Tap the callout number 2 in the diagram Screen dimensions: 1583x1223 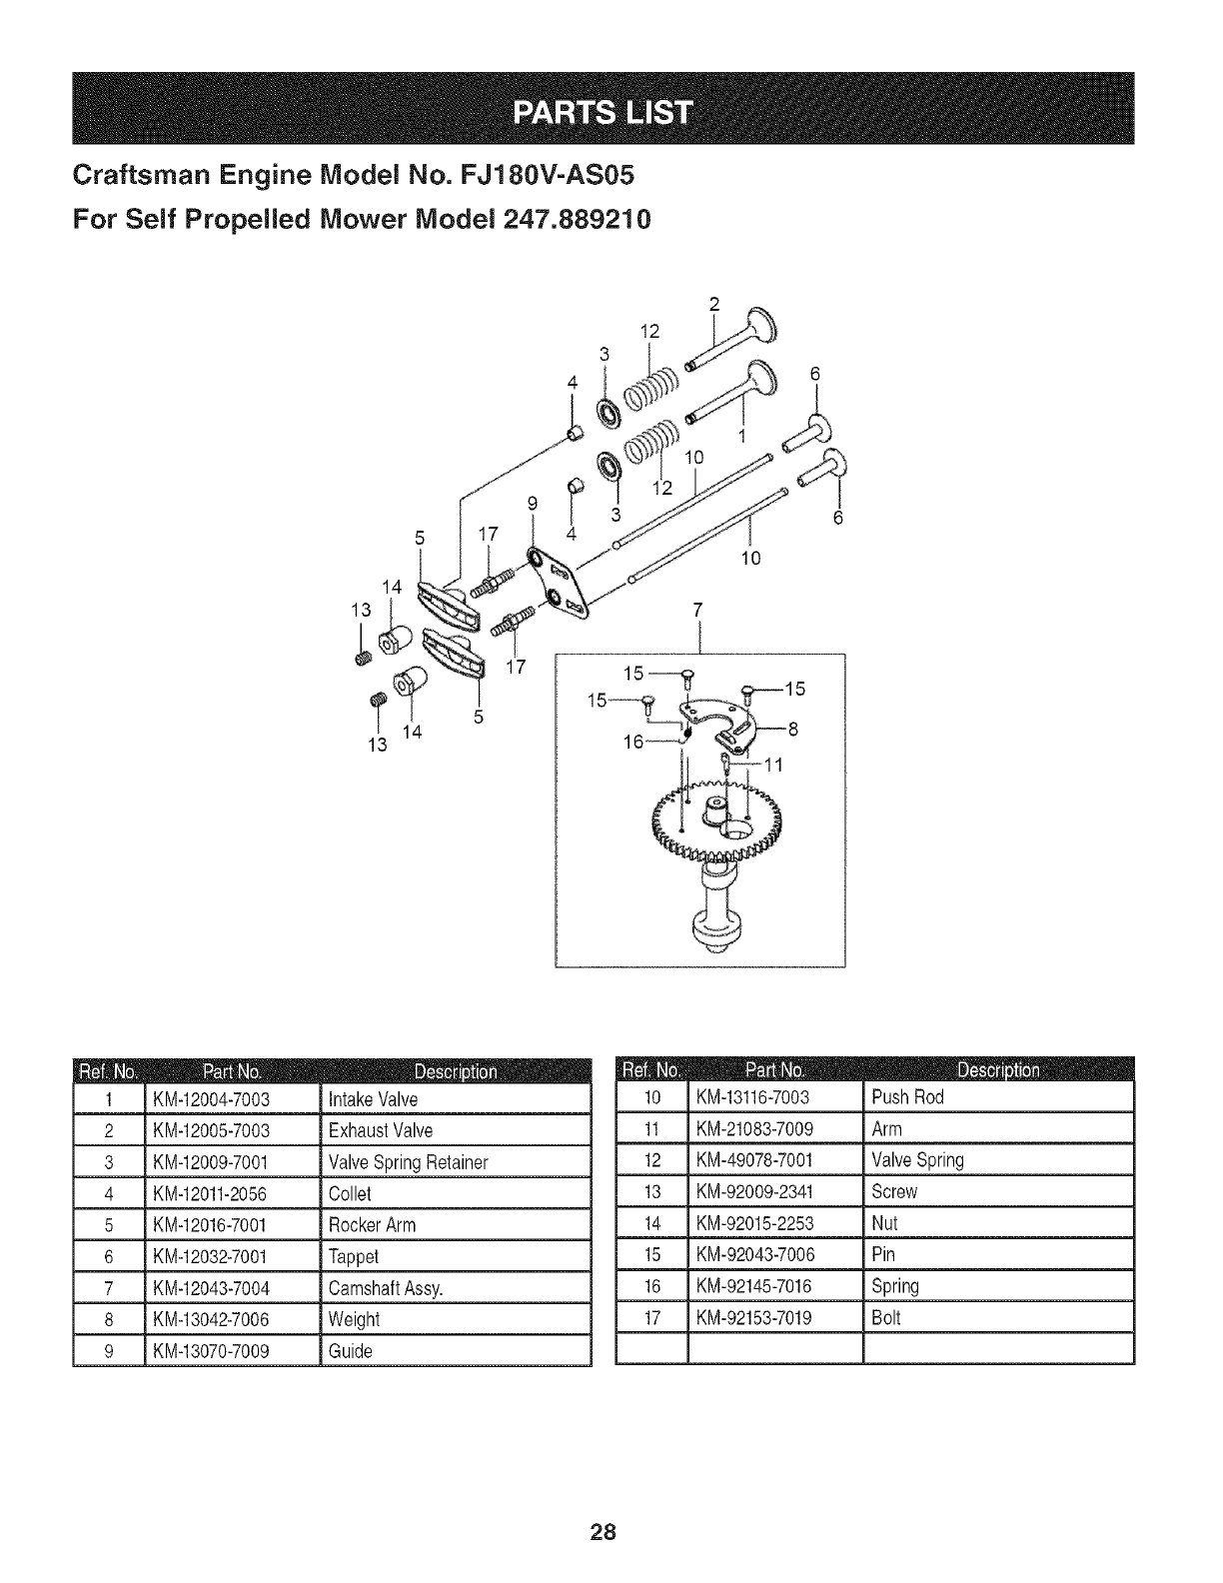(714, 305)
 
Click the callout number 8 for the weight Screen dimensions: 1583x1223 (793, 729)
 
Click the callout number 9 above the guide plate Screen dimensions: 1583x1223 (533, 504)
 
